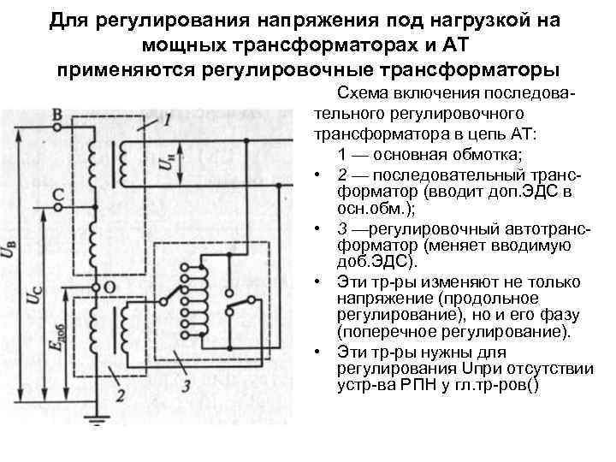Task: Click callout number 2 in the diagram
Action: pyautogui.click(x=121, y=395)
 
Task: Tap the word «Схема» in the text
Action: pyautogui.click(x=364, y=92)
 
